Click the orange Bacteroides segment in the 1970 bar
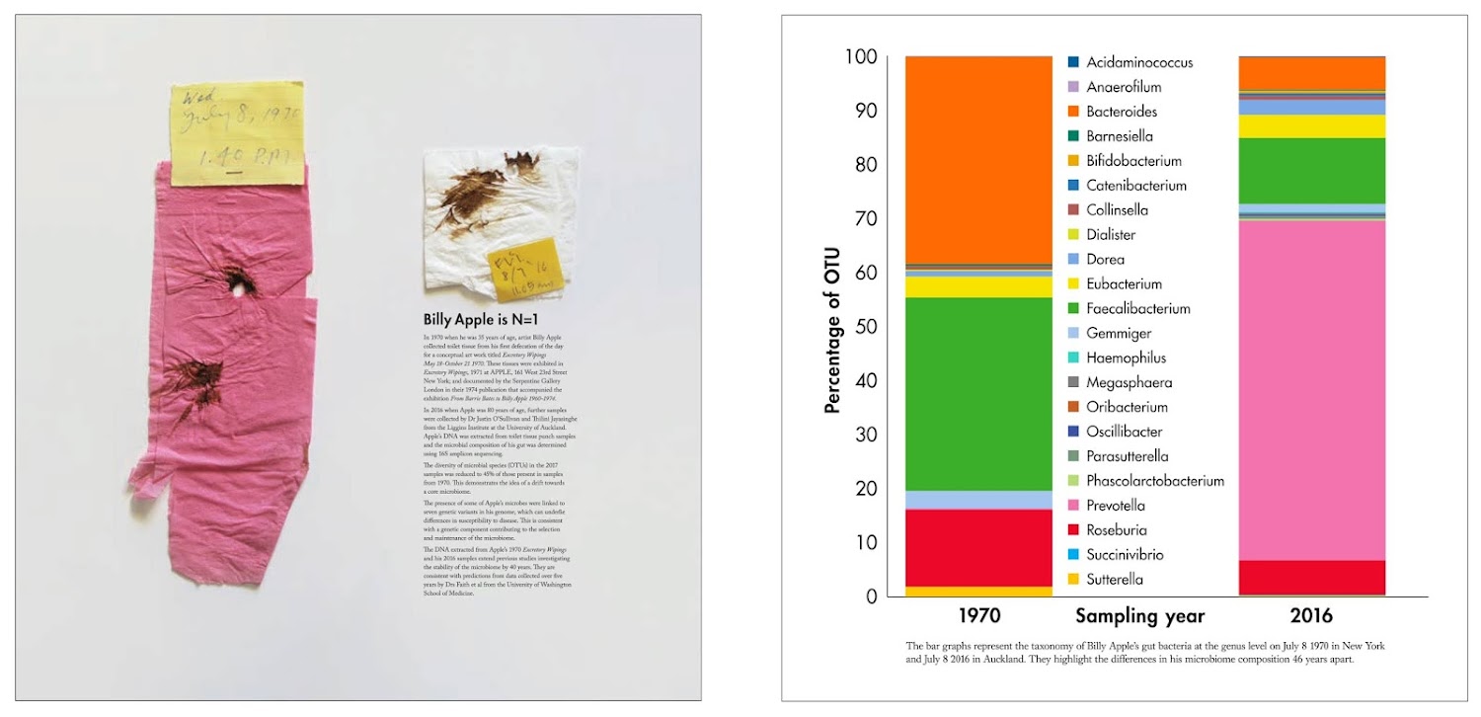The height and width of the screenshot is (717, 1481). (978, 158)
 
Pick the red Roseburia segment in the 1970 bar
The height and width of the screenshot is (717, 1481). (978, 547)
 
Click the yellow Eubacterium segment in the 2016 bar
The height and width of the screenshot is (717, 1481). (1311, 126)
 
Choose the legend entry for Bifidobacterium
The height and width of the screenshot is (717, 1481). (1133, 161)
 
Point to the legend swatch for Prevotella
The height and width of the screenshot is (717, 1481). (1073, 506)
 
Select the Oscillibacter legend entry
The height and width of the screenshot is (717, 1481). (1125, 432)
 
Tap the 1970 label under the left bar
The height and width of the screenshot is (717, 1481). (977, 616)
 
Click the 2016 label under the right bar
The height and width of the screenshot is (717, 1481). (1310, 616)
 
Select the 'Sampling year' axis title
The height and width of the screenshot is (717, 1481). (1139, 616)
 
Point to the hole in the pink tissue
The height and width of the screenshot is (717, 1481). (238, 286)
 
